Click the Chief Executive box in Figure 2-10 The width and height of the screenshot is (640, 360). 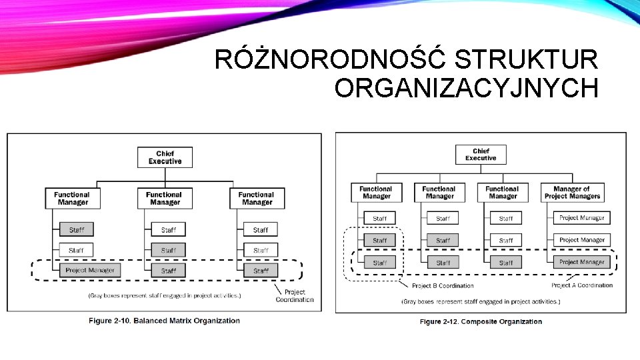pos(165,157)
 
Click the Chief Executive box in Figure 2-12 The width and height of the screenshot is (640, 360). pos(481,155)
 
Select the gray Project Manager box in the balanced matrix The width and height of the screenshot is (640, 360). pos(90,271)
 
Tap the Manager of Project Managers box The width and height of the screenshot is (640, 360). pos(572,193)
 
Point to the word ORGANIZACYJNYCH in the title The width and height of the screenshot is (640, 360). pos(466,88)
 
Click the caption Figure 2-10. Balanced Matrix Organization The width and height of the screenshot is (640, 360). pos(164,321)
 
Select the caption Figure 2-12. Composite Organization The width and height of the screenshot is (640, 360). pos(480,322)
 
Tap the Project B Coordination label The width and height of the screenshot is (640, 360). pos(443,286)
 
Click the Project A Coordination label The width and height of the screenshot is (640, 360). pos(581,285)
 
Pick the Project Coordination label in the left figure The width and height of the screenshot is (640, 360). pos(294,295)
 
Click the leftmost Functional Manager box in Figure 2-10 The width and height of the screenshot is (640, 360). pos(73,198)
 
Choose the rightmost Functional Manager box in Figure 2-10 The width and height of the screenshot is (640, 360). pos(257,198)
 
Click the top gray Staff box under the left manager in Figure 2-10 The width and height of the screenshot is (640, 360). pos(77,230)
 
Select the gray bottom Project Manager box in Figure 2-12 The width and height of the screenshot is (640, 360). pos(582,262)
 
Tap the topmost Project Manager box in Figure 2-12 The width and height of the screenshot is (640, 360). pos(582,218)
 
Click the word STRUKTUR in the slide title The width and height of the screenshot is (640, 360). pos(526,61)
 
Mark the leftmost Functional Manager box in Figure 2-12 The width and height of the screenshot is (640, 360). pos(376,193)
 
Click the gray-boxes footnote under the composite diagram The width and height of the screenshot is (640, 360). pos(481,302)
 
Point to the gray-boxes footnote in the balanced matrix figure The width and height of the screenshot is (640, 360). pos(165,295)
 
